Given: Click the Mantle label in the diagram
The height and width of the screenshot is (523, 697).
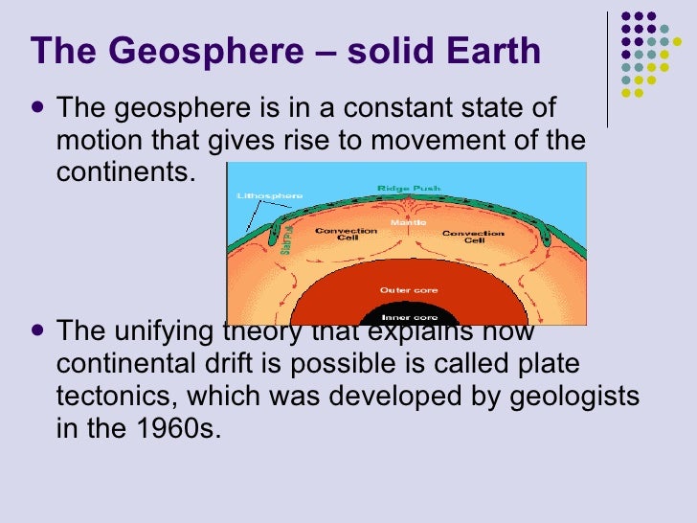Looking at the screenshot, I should point(401,222).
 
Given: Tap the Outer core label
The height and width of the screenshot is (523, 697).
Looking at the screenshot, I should point(401,289).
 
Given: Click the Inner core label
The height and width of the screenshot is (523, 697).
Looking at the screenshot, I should point(401,317).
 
